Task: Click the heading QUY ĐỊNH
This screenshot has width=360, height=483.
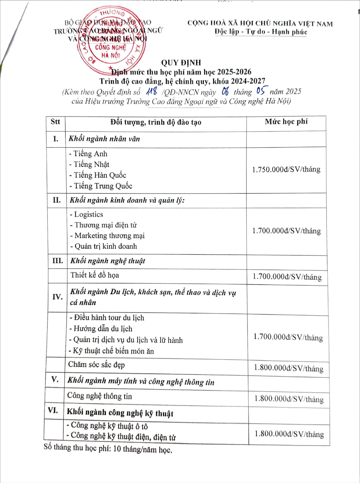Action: (181, 62)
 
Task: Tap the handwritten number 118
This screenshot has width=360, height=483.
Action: (151, 92)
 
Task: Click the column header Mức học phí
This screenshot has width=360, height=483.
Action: (286, 121)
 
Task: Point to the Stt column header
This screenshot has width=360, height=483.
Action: (55, 121)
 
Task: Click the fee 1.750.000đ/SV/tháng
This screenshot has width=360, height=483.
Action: (286, 169)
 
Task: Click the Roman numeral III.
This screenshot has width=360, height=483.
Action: (57, 261)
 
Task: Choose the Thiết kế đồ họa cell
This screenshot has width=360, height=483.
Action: (95, 275)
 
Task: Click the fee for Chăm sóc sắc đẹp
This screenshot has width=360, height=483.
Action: (289, 368)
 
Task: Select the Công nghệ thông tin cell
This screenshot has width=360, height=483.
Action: (100, 396)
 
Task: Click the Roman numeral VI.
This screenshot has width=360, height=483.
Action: (53, 410)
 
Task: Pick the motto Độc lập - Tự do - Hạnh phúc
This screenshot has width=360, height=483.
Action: (261, 32)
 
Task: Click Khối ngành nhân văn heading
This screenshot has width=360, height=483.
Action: (104, 139)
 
